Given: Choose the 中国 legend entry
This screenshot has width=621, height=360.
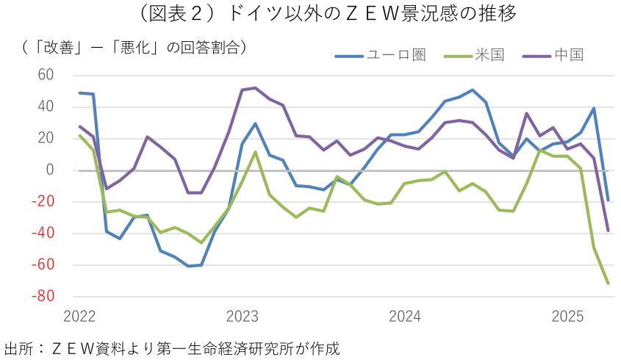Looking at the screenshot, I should [569, 55].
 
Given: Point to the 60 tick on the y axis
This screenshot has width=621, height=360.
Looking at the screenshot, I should [46, 75].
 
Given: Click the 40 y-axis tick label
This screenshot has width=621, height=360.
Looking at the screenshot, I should [46, 107].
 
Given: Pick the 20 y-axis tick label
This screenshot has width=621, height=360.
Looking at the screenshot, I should [46, 138].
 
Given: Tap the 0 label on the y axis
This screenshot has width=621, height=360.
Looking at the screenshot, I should [50, 170].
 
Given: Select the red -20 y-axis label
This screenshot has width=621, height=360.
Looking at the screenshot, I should [43, 201].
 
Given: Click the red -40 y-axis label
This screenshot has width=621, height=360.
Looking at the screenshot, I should [43, 233].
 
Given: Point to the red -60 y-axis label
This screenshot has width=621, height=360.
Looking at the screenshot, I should [43, 264].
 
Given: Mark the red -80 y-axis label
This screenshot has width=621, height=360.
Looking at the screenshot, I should [43, 296].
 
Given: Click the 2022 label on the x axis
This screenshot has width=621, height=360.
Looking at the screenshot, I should [80, 317].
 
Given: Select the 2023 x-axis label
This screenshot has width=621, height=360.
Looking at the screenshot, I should [243, 317].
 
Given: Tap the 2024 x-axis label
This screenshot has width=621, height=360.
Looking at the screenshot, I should [405, 317].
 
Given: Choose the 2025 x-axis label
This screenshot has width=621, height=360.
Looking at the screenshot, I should [567, 317].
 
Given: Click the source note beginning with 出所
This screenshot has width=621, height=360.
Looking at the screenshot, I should [172, 347].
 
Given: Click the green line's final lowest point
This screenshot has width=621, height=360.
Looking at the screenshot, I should [608, 283].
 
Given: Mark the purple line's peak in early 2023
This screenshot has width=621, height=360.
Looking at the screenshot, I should [255, 88].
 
